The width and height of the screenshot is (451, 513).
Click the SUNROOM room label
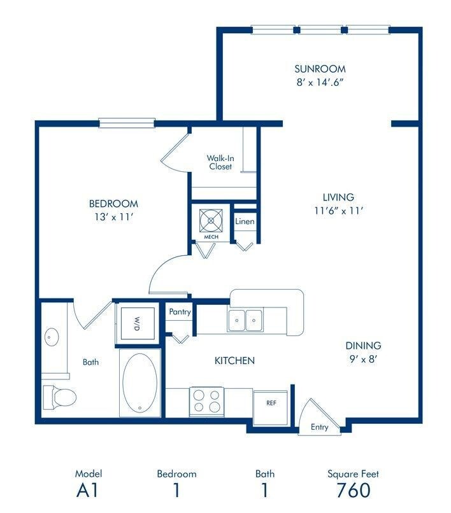pyautogui.click(x=320, y=69)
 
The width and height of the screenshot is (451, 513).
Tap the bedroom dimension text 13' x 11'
pyautogui.click(x=113, y=217)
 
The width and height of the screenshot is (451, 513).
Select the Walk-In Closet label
pyautogui.click(x=219, y=162)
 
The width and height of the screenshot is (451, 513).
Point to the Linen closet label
pyautogui.click(x=245, y=221)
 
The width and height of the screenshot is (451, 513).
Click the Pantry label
pyautogui.click(x=180, y=313)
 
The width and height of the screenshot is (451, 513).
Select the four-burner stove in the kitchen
pyautogui.click(x=206, y=400)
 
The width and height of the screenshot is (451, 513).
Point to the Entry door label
pyautogui.click(x=319, y=427)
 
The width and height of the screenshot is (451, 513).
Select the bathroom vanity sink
pyautogui.click(x=50, y=337)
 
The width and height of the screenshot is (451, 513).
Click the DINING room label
pyautogui.click(x=363, y=346)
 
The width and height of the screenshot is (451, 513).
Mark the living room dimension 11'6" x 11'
pyautogui.click(x=338, y=211)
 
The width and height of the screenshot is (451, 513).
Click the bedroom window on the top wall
pyautogui.click(x=127, y=122)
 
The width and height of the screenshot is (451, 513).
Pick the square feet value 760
pyautogui.click(x=353, y=491)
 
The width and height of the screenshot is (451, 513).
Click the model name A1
pyautogui.click(x=88, y=491)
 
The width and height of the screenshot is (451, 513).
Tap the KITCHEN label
pyautogui.click(x=234, y=361)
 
